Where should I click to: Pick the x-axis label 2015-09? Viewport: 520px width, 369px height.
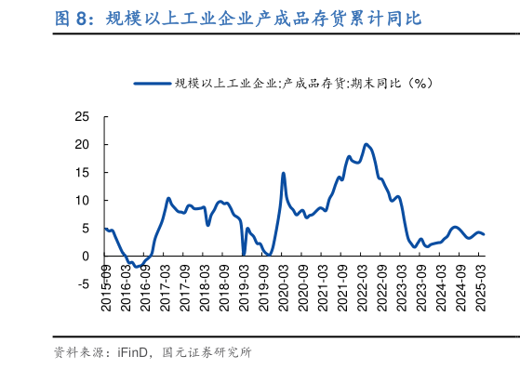click(x=105, y=288)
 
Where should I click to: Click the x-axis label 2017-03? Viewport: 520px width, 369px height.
click(x=165, y=288)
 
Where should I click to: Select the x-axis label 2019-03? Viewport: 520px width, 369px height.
click(x=243, y=288)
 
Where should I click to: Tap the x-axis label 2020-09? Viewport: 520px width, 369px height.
click(x=302, y=288)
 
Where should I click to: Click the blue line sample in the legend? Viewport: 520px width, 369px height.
click(x=153, y=84)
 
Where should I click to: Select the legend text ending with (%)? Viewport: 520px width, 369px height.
click(x=305, y=84)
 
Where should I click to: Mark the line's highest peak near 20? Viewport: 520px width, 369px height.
click(x=367, y=144)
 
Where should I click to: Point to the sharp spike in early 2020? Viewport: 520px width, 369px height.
click(x=283, y=173)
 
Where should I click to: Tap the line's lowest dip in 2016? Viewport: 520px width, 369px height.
click(x=137, y=267)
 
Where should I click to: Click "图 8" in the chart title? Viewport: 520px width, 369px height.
click(x=71, y=18)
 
